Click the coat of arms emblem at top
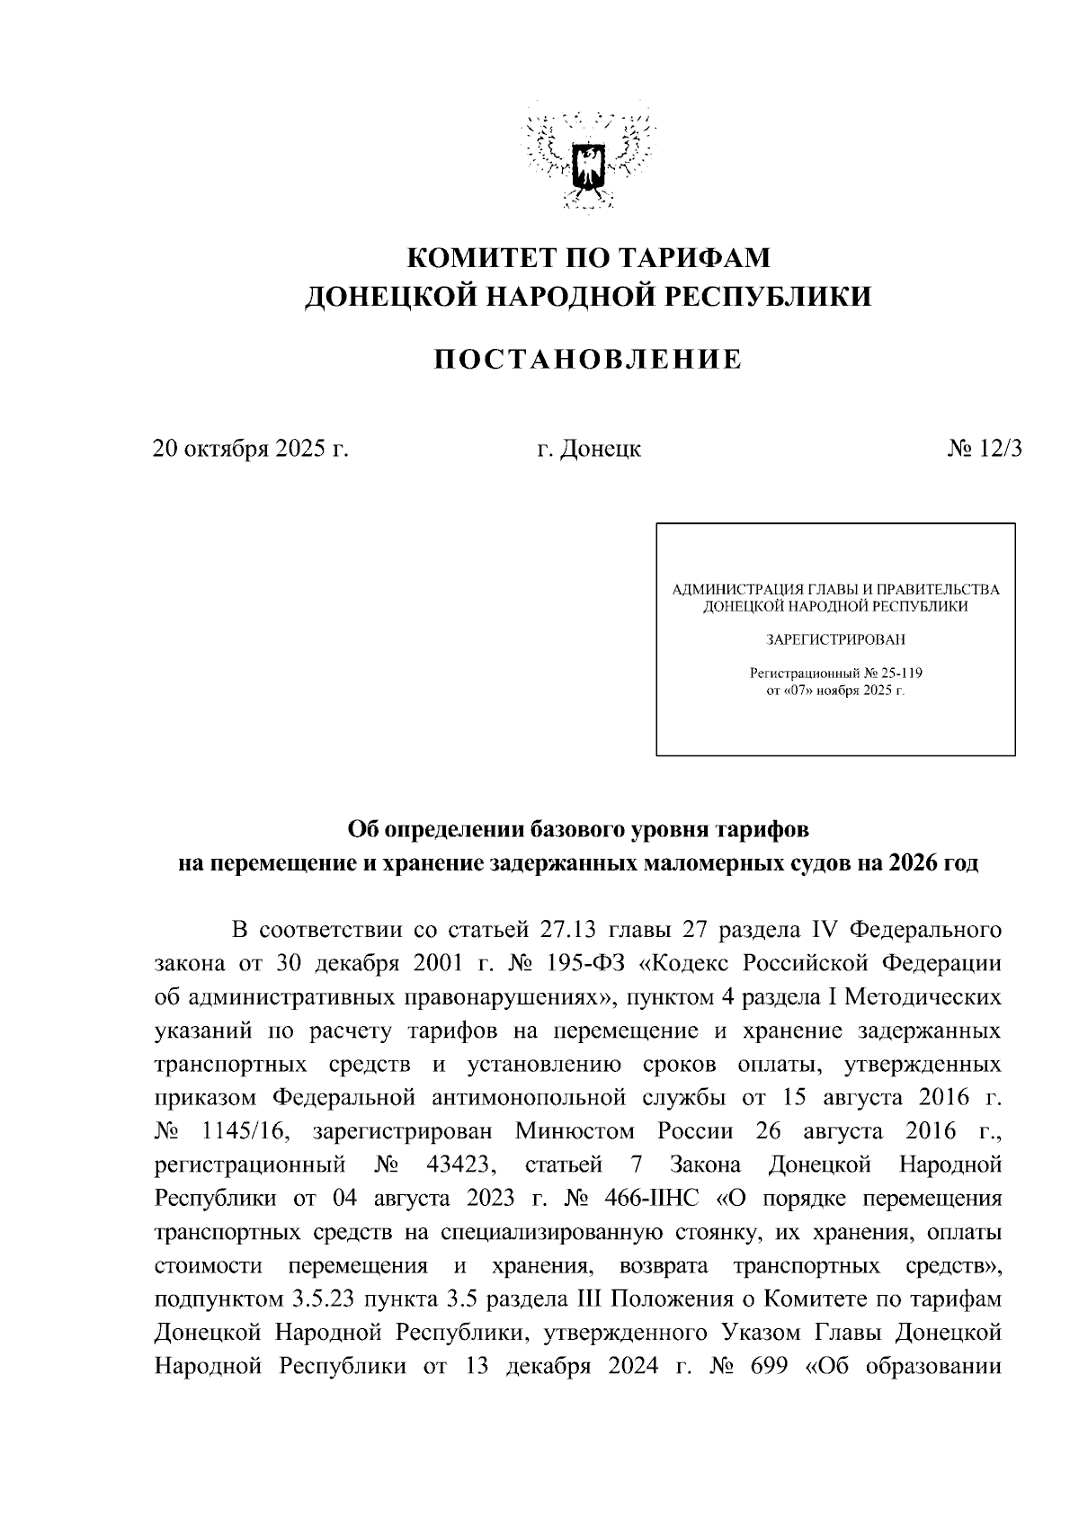pos(590,162)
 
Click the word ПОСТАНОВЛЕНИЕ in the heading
pos(589,360)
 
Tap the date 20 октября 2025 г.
pos(251,449)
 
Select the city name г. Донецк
pos(589,449)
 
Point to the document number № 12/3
pos(985,449)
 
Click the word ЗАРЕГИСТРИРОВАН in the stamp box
pos(835,640)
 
